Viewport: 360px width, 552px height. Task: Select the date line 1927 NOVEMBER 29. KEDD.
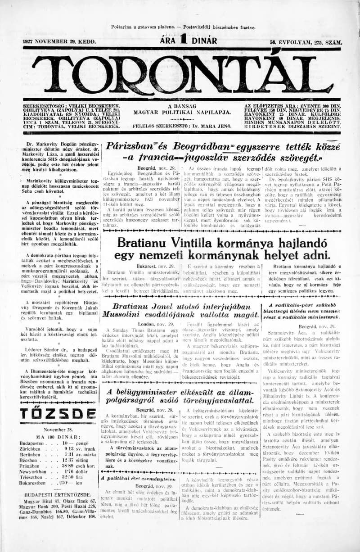(59, 41)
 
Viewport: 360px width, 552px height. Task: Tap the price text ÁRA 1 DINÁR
(189, 41)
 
